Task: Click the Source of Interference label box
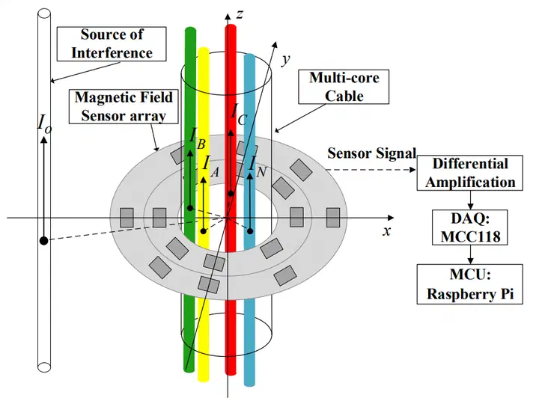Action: [116, 43]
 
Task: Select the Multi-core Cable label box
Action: [344, 86]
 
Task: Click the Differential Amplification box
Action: [469, 173]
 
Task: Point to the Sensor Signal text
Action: [371, 153]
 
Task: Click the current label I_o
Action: [44, 123]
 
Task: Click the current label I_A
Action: [210, 164]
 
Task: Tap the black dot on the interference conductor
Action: [44, 240]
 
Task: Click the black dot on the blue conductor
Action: [250, 231]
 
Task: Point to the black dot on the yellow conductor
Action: [203, 231]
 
